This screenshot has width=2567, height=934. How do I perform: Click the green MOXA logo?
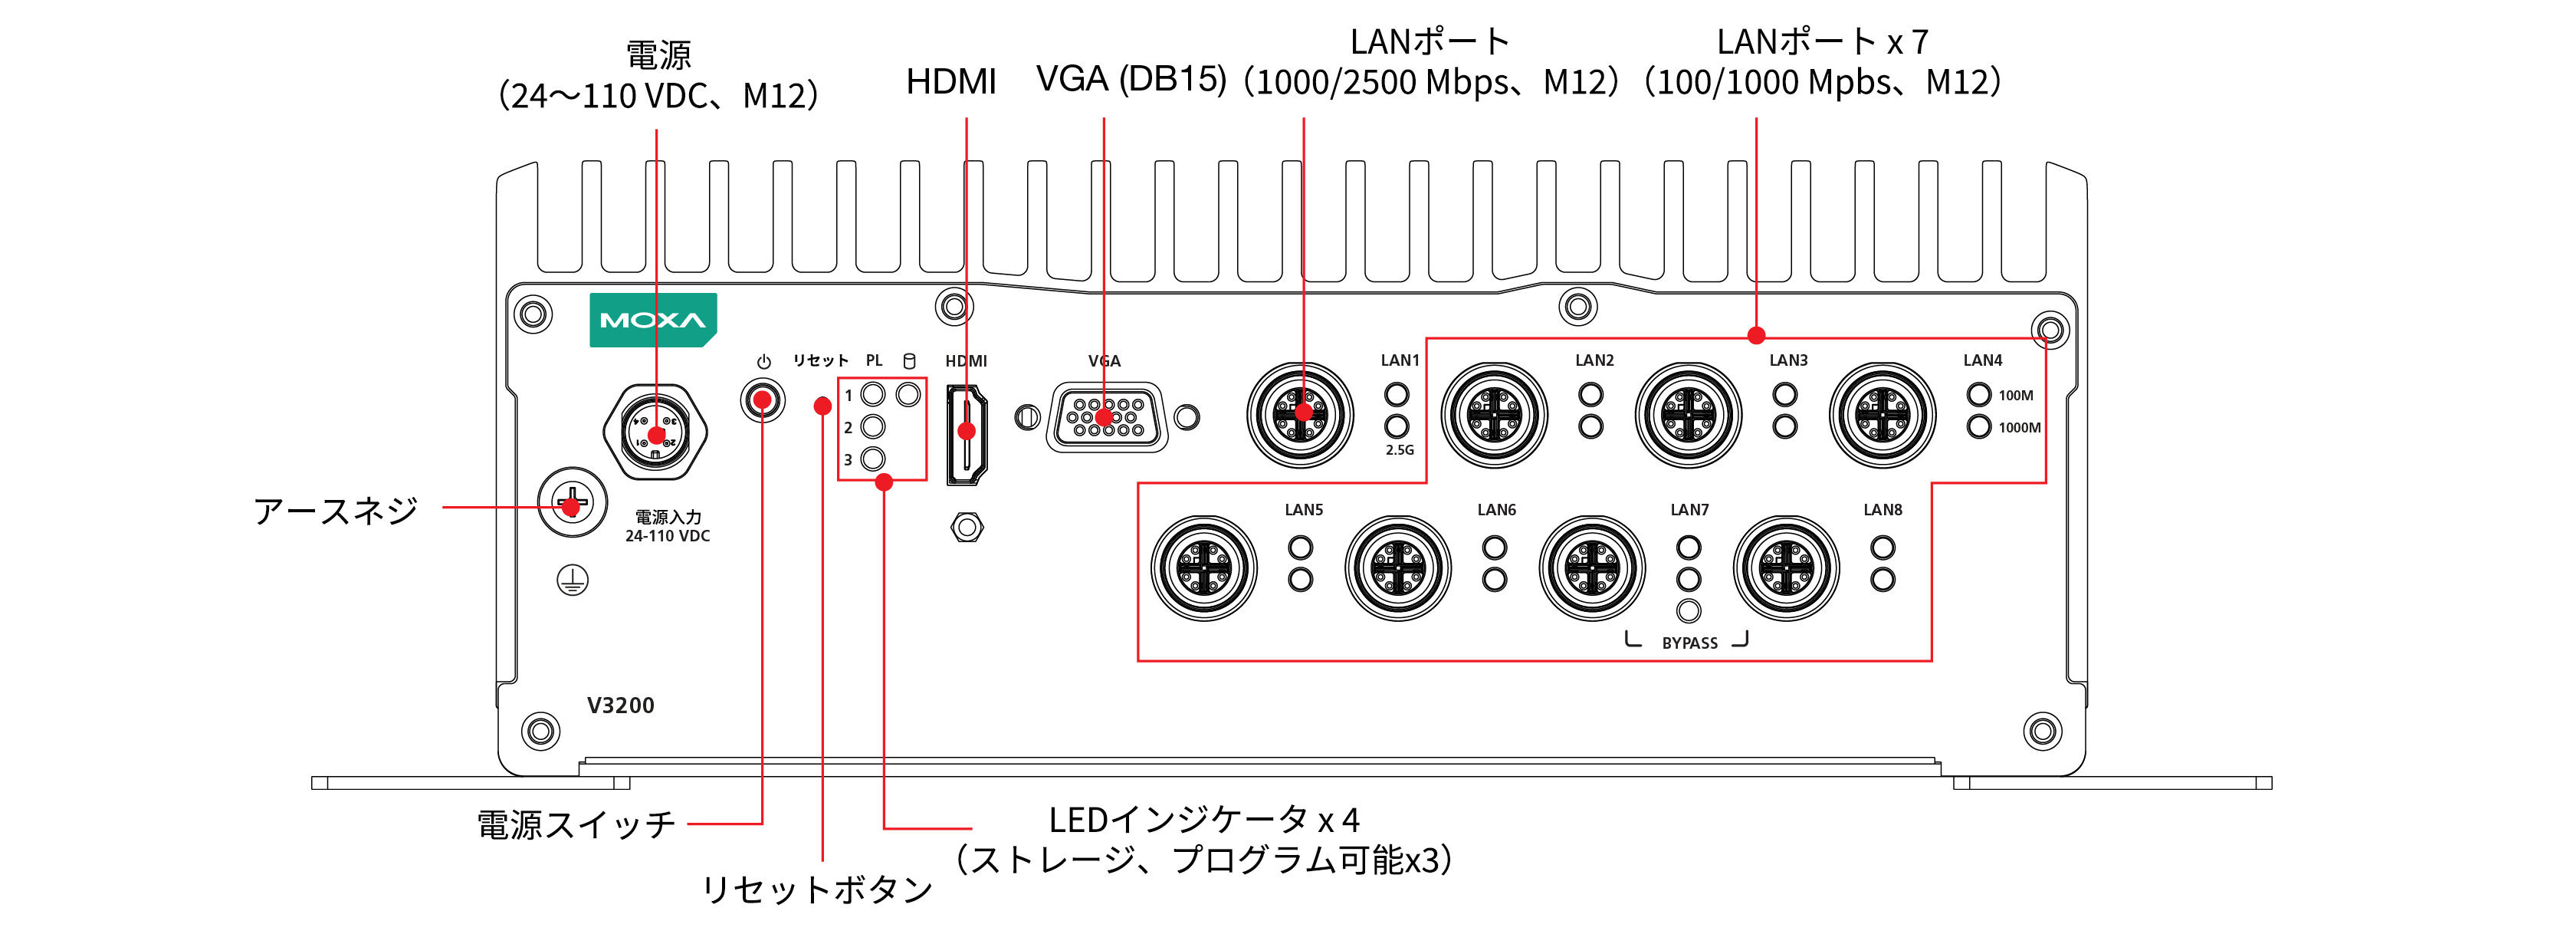[653, 320]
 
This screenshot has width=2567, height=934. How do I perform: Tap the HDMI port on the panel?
[966, 436]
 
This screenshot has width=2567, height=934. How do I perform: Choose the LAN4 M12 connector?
[1883, 415]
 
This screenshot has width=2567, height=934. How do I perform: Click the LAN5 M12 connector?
[1203, 568]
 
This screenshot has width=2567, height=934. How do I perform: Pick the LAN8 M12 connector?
[1787, 568]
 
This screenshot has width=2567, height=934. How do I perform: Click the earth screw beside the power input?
[571, 502]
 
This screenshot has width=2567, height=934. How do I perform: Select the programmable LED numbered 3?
[872, 459]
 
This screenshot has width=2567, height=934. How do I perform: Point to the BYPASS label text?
[1689, 643]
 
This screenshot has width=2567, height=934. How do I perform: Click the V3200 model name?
[620, 705]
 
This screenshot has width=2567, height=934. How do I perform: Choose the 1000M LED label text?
[2019, 428]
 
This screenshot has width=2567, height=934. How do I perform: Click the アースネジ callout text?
[336, 511]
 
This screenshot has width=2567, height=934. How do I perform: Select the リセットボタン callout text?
[816, 888]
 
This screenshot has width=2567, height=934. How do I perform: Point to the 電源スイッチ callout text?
[576, 824]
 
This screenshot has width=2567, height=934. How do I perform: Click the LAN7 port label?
[1689, 509]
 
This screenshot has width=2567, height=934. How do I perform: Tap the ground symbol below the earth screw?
[572, 580]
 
